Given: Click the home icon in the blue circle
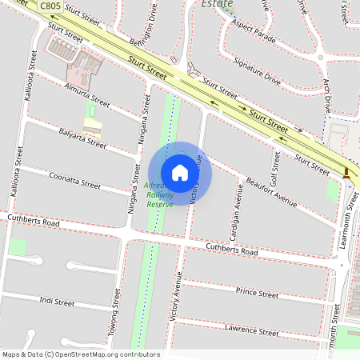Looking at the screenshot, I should point(180,173).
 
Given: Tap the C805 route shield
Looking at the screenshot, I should point(50,6).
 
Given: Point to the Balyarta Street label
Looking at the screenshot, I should point(82,138).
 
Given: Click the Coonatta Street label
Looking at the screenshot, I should point(74,179).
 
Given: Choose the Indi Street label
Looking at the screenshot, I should point(57,302).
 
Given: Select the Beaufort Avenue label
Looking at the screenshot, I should point(271,192).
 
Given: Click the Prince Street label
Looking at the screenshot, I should point(257,294).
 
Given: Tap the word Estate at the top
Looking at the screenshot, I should point(217,4).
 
